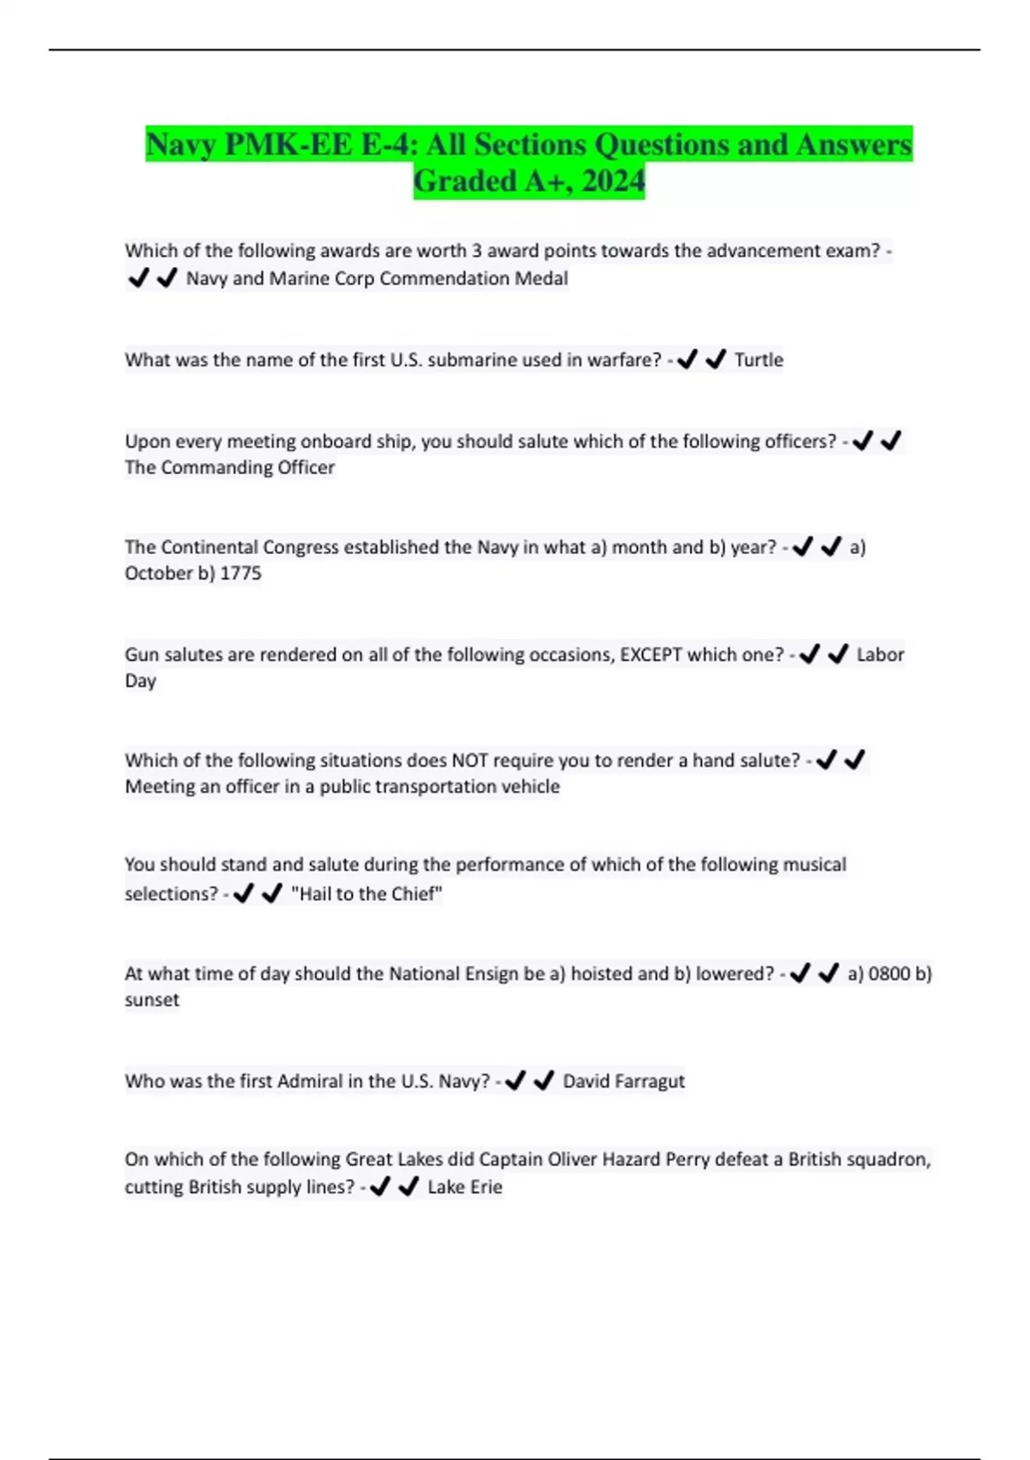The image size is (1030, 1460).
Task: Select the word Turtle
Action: pos(759,360)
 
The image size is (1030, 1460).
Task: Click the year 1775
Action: pos(240,573)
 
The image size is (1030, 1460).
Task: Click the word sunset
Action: pos(152,1000)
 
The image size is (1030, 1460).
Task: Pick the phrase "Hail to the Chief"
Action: pos(367,894)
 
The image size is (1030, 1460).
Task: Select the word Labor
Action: pos(880,654)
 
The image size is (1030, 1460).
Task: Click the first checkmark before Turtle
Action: pos(687,360)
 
